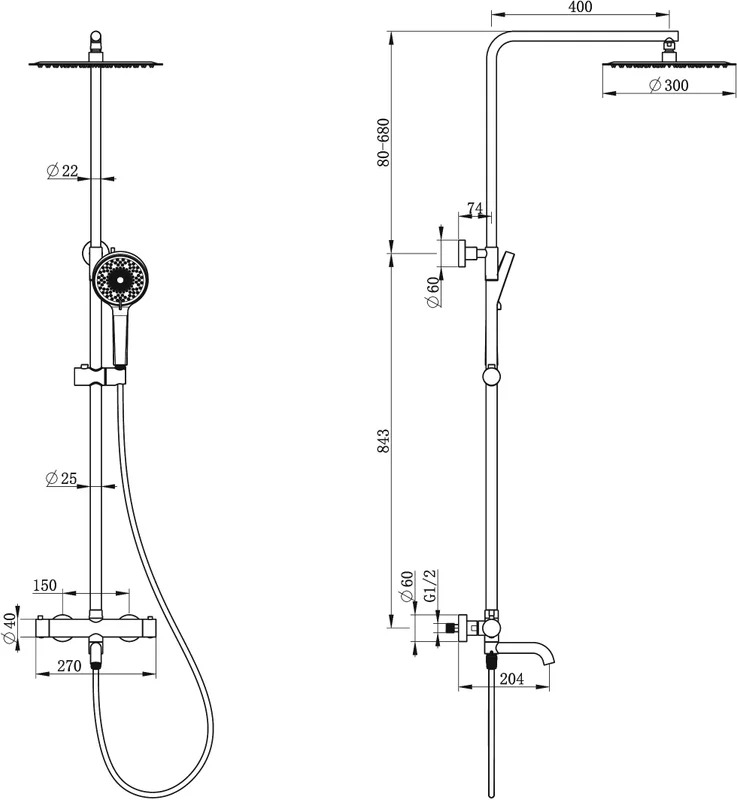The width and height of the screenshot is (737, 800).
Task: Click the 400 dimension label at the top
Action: coord(580,7)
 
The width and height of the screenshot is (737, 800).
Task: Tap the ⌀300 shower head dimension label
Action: coord(669,85)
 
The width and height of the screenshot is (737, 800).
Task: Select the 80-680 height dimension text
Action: coord(383,142)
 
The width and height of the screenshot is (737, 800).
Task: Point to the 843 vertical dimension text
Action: coord(383,440)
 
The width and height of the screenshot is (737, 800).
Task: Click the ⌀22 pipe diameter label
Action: coord(62,170)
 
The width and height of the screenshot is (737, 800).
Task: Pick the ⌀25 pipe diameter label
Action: coord(61,478)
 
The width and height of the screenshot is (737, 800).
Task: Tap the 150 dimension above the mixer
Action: coord(45,585)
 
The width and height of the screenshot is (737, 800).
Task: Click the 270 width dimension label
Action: coord(69,666)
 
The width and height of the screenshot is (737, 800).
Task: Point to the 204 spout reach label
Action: coord(511,679)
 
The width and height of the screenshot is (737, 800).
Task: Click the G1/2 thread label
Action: coord(431,586)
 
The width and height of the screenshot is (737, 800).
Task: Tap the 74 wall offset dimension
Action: coord(474,208)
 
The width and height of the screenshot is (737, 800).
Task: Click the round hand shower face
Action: coord(119,280)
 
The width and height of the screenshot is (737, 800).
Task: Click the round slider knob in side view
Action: coord(491,377)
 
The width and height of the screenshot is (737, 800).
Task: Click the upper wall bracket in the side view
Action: coord(468,254)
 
